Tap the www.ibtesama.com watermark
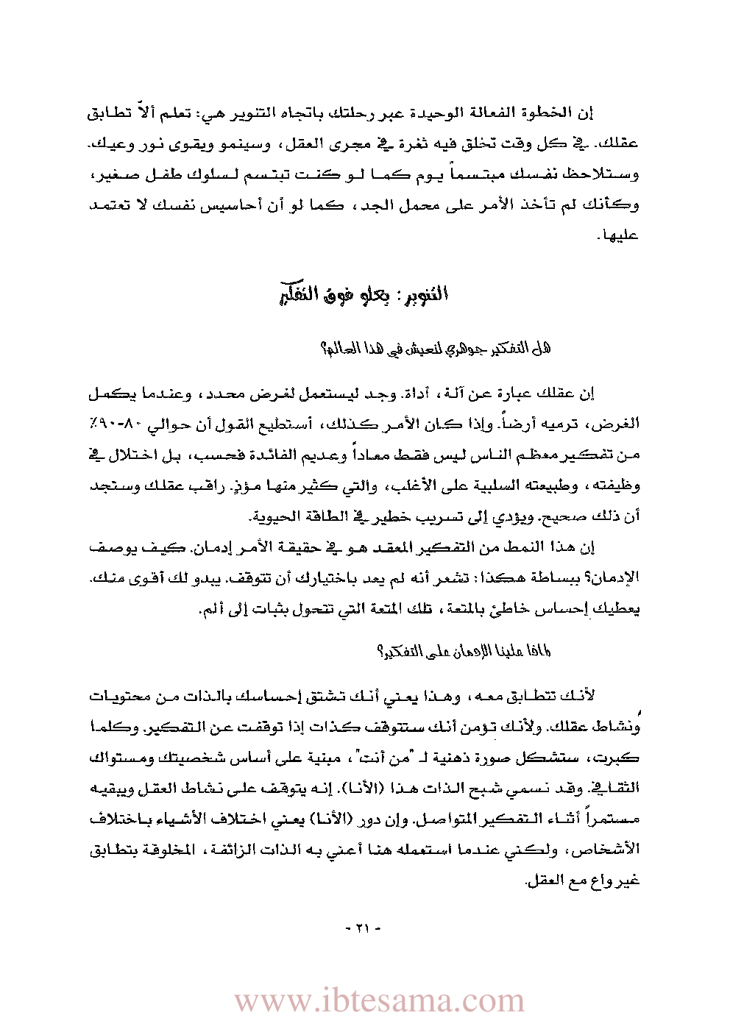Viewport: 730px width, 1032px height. pos(379,1001)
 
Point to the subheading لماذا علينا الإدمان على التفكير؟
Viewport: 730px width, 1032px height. pos(464,652)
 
